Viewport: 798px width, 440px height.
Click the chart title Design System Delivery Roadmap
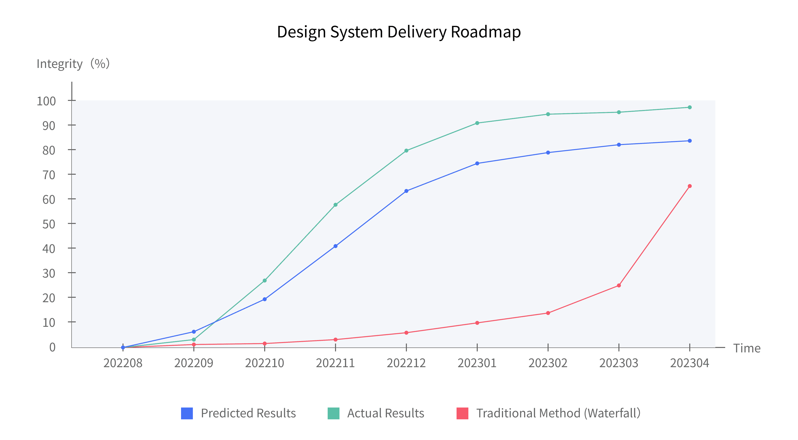[x=399, y=32]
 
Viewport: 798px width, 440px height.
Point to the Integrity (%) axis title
[x=73, y=64]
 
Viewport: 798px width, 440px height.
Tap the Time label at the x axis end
[x=747, y=348]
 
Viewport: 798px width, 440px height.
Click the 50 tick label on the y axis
[x=49, y=224]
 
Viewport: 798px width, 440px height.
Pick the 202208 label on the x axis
[x=123, y=363]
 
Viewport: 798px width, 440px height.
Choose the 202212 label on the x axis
[x=406, y=363]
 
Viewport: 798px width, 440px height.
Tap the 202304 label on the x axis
[x=689, y=363]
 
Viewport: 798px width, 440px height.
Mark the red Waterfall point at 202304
[x=690, y=186]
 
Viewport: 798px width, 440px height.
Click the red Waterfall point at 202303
[x=619, y=285]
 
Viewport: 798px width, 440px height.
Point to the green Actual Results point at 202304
[x=690, y=108]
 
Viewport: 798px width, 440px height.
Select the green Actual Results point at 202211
[x=336, y=205]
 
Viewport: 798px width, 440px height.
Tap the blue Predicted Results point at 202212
[x=406, y=191]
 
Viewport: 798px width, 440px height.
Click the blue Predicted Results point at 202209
[x=194, y=332]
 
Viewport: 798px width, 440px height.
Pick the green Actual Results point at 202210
[x=264, y=281]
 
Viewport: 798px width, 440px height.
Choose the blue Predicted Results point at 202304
[x=690, y=141]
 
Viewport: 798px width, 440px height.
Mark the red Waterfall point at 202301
[x=477, y=323]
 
